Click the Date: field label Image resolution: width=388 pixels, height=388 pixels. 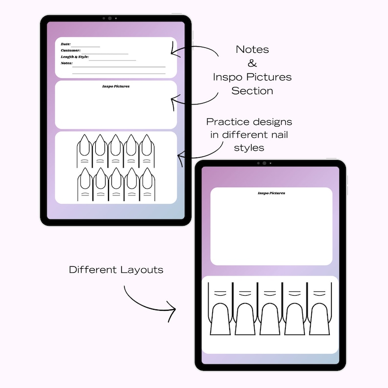tap(65, 44)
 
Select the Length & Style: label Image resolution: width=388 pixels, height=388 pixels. tap(75, 57)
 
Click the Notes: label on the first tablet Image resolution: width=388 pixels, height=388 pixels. tap(66, 63)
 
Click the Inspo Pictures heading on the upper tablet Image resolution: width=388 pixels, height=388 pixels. tap(116, 86)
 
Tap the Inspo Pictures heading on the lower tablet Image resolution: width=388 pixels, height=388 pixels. tap(271, 193)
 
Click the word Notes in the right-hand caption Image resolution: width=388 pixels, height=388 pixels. tap(252, 49)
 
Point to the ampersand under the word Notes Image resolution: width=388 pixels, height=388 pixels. tap(252, 63)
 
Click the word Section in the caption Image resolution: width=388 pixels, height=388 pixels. tap(252, 91)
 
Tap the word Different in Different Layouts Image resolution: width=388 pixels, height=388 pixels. tap(93, 269)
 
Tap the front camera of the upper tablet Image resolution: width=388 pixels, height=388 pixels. tap(109, 19)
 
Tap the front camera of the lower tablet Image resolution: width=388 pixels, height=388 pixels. tap(264, 163)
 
